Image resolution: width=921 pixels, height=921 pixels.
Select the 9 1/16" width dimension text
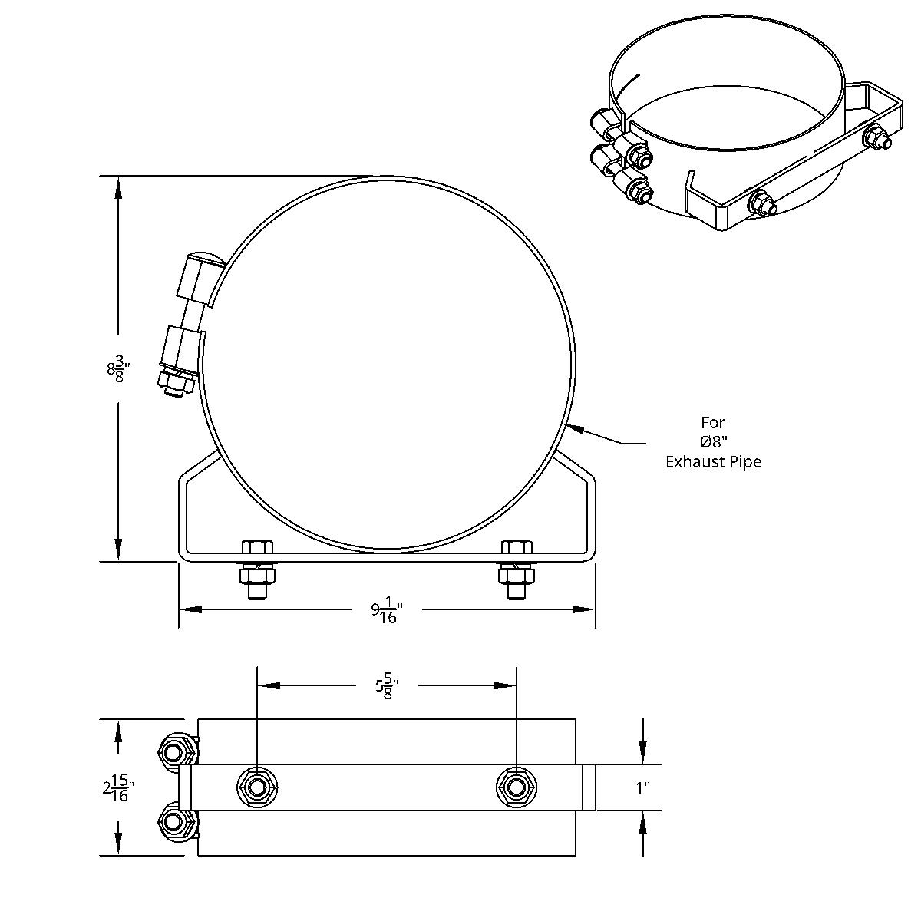(387, 612)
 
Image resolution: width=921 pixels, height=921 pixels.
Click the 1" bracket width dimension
(642, 788)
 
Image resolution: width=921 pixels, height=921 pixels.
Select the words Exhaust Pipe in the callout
(713, 462)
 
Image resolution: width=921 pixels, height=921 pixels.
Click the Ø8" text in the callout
(713, 442)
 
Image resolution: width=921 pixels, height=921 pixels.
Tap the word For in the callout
(713, 422)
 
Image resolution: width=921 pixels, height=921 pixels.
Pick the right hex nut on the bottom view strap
(516, 787)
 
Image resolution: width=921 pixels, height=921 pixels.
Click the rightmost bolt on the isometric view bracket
(876, 139)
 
